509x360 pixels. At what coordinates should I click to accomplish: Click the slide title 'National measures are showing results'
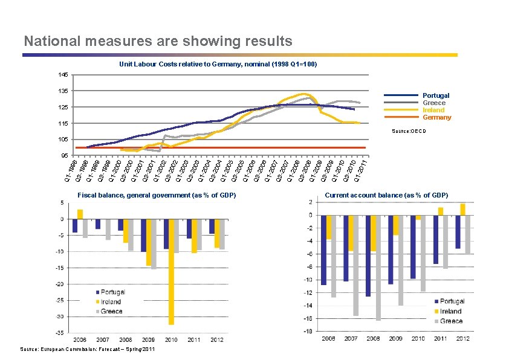pos(158,41)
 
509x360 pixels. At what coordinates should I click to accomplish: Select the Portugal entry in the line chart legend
pos(435,95)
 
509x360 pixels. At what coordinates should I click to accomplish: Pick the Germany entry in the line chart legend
pos(436,117)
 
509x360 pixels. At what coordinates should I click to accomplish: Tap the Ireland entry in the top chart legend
pos(433,110)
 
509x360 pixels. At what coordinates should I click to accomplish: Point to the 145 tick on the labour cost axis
pos(63,75)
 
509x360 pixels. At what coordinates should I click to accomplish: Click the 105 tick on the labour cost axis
pos(63,140)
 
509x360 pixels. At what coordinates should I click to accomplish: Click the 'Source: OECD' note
pos(409,130)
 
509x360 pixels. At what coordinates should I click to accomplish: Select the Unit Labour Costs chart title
pos(218,63)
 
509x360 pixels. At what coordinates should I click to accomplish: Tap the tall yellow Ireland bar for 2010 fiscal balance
pos(172,272)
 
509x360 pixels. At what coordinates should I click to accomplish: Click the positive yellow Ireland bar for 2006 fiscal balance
pos(80,214)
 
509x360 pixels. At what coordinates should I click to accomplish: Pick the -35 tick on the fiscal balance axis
pos(60,333)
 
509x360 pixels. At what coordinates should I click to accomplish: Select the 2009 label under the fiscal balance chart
pos(149,340)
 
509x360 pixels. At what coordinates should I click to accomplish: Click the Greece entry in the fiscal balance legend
pos(111,312)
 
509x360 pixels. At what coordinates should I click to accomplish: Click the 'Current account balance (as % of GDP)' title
pos(386,195)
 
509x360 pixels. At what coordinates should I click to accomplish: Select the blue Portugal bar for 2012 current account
pos(458,232)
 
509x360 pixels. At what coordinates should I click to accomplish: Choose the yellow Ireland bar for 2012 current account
pos(463,210)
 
